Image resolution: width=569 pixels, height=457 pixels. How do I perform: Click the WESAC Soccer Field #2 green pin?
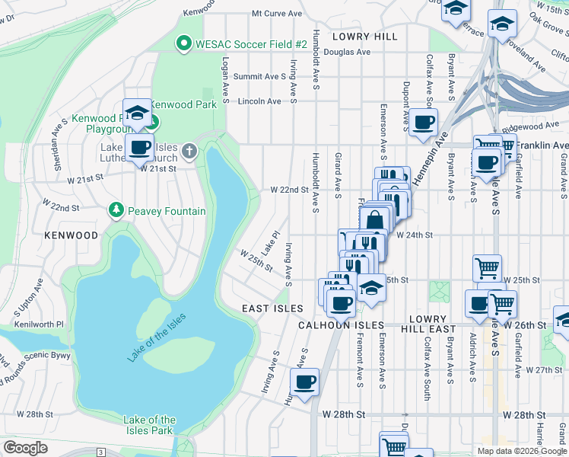click(183, 43)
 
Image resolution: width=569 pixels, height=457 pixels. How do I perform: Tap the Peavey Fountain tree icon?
click(116, 209)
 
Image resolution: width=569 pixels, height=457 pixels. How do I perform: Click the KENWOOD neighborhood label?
click(71, 235)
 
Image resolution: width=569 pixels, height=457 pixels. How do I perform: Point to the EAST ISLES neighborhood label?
click(272, 308)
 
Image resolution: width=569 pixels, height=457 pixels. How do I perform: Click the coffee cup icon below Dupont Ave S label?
click(423, 121)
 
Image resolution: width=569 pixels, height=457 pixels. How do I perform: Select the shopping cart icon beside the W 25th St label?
click(487, 267)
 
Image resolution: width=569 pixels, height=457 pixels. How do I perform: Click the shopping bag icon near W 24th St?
click(375, 221)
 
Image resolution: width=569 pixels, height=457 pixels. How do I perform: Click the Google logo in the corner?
click(25, 448)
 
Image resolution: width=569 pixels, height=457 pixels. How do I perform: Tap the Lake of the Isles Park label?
click(149, 425)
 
